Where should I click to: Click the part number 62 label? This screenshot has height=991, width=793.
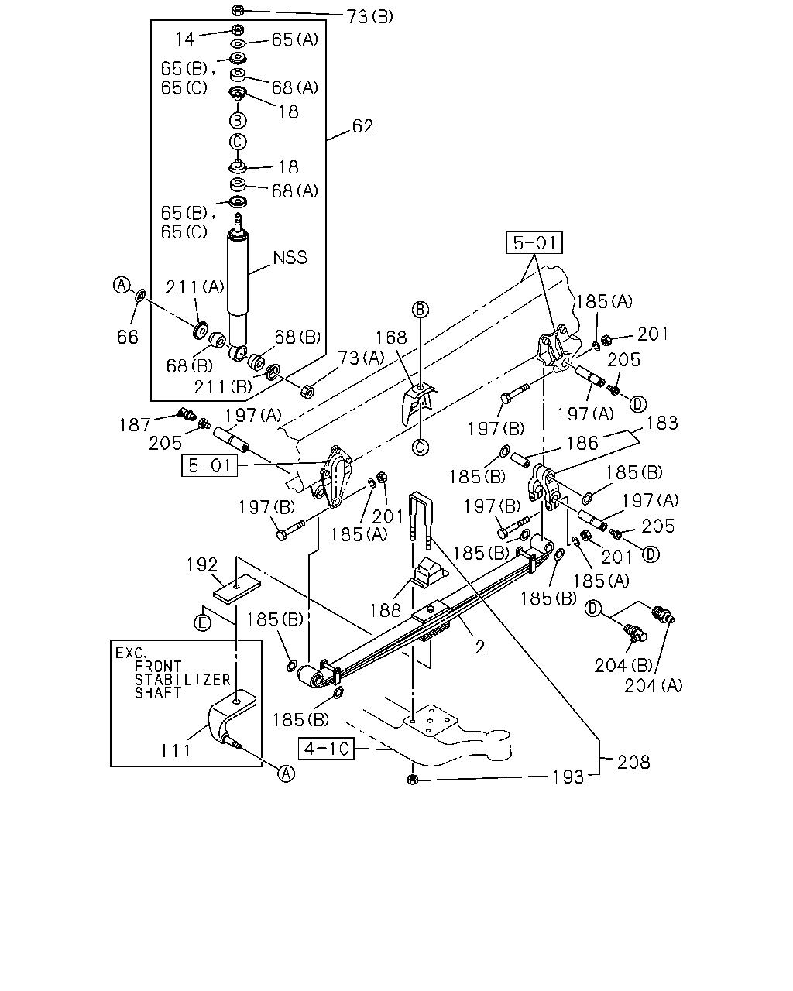[x=362, y=126]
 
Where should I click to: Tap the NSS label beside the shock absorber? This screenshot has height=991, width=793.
[x=290, y=257]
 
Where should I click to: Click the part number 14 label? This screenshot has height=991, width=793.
[x=185, y=39]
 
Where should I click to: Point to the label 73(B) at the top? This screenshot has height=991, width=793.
[x=370, y=17]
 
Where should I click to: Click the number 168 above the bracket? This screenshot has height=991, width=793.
[x=391, y=337]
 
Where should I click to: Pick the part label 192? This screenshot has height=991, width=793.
[x=202, y=564]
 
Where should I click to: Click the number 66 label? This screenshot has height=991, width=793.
[x=128, y=337]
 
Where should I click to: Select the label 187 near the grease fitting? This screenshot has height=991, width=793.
[x=135, y=425]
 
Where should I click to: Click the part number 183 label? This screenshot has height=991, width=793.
[x=662, y=423]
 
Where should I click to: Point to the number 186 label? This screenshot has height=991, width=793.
[x=582, y=443]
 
